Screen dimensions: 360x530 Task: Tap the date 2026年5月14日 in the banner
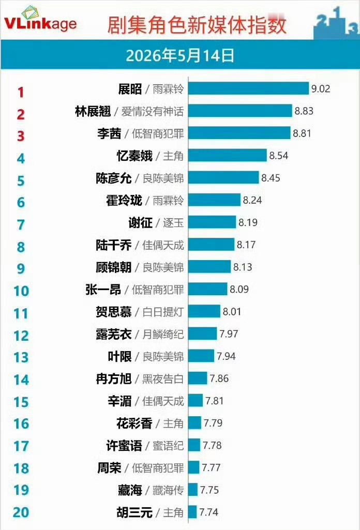pyautogui.click(x=180, y=55)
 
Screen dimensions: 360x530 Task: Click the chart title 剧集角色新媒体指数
pyautogui.click(x=197, y=25)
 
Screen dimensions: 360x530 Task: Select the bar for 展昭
pyautogui.click(x=248, y=88)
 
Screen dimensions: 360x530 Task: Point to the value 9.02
pyautogui.click(x=321, y=89)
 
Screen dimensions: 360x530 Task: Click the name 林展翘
pyautogui.click(x=93, y=111)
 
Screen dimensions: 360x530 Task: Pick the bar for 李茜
pyautogui.click(x=239, y=133)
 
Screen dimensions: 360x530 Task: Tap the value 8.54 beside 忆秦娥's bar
pyautogui.click(x=279, y=156)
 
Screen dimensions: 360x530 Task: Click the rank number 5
pyautogui.click(x=21, y=181)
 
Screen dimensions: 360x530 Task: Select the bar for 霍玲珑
pyautogui.click(x=214, y=200)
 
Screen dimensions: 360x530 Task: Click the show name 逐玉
pyautogui.click(x=173, y=223)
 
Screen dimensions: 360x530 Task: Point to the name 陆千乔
pyautogui.click(x=114, y=245)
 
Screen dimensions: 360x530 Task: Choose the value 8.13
pyautogui.click(x=243, y=267)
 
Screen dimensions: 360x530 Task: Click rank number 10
pyautogui.click(x=21, y=291)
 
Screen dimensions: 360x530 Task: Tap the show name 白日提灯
pyautogui.click(x=163, y=312)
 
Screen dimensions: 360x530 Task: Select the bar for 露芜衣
pyautogui.click(x=202, y=334)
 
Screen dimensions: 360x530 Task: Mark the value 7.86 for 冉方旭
pyautogui.click(x=219, y=378)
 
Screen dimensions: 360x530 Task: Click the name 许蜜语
pyautogui.click(x=124, y=446)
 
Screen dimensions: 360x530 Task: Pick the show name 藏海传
pyautogui.click(x=168, y=490)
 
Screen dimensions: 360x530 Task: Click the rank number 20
pyautogui.click(x=21, y=512)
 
